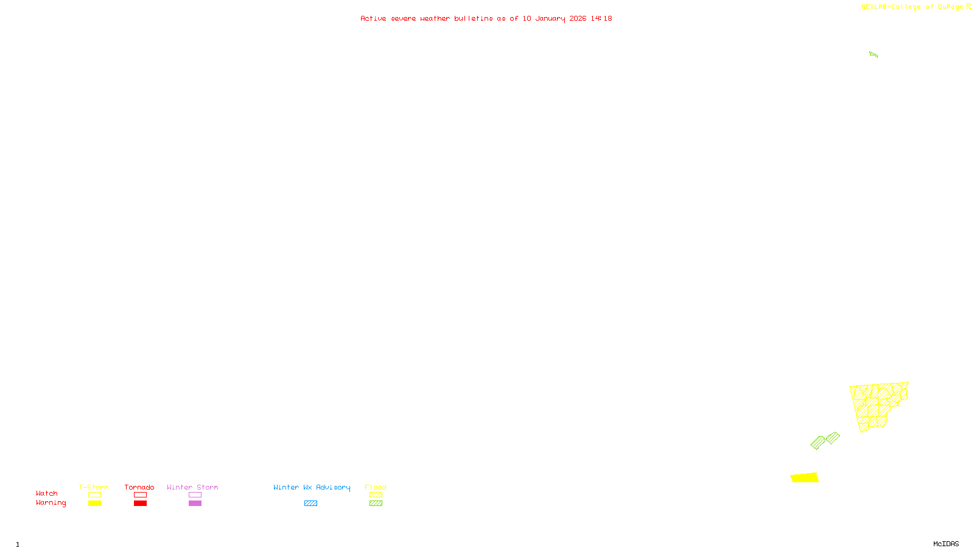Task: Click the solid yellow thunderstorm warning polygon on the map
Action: pyautogui.click(x=804, y=477)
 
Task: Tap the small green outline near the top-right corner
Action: pyautogui.click(x=874, y=55)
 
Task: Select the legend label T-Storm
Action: pyautogui.click(x=94, y=487)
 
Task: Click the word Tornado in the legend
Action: pyautogui.click(x=139, y=487)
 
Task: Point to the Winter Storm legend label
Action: pyautogui.click(x=192, y=487)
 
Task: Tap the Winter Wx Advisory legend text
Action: pyautogui.click(x=312, y=487)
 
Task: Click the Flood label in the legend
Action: pyautogui.click(x=376, y=487)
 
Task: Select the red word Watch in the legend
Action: pyautogui.click(x=47, y=493)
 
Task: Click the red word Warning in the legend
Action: pyautogui.click(x=51, y=503)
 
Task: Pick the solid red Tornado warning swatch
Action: pyautogui.click(x=141, y=504)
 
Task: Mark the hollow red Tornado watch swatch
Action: pyautogui.click(x=141, y=495)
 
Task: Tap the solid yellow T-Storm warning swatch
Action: pyautogui.click(x=94, y=504)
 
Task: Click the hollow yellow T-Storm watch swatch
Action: pyautogui.click(x=94, y=495)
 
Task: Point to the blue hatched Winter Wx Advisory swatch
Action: pyautogui.click(x=310, y=504)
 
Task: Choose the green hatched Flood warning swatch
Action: pyautogui.click(x=376, y=504)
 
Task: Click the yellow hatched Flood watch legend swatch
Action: pyautogui.click(x=376, y=495)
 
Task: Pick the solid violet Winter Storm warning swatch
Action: pyautogui.click(x=195, y=504)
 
